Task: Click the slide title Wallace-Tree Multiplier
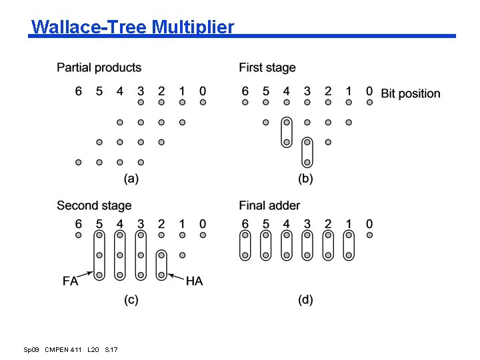(x=133, y=27)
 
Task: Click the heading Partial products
(x=99, y=67)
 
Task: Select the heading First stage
(x=267, y=67)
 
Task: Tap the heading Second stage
(x=94, y=205)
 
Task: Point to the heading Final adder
(x=269, y=205)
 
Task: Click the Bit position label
(x=411, y=93)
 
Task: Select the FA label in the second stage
(x=71, y=281)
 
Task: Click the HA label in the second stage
(x=194, y=281)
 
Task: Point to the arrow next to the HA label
(x=175, y=276)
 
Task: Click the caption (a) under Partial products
(x=131, y=178)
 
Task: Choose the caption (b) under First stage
(x=305, y=178)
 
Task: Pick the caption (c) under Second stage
(x=131, y=300)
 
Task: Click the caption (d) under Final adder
(x=305, y=300)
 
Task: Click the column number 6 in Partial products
(x=79, y=91)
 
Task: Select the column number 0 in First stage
(x=369, y=91)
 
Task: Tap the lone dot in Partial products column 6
(x=79, y=162)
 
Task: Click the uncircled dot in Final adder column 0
(x=369, y=235)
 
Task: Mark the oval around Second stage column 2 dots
(x=161, y=265)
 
